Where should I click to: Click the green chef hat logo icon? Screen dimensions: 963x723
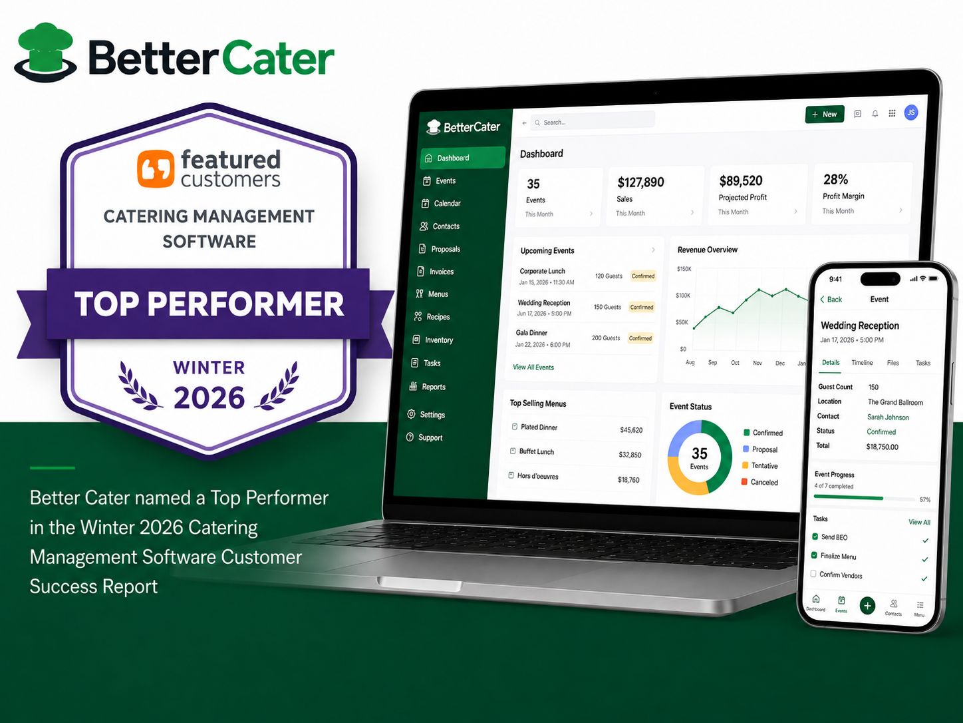tap(46, 53)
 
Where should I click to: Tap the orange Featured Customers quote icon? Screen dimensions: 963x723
tap(156, 168)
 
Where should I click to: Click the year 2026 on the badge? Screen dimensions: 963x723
tap(209, 397)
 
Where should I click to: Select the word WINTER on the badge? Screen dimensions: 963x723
tap(209, 367)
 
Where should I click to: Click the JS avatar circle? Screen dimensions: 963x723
tap(910, 113)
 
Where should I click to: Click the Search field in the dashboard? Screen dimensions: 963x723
tap(593, 121)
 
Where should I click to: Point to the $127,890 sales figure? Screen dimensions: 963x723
tap(640, 182)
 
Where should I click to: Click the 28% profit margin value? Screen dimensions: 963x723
tap(835, 179)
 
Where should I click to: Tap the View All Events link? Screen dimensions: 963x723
tap(533, 367)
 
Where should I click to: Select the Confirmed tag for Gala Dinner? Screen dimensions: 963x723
tap(640, 338)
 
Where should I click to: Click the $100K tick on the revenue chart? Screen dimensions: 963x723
tap(682, 296)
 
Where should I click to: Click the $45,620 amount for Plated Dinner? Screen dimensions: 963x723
tap(631, 430)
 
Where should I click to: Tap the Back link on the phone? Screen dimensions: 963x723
tap(831, 300)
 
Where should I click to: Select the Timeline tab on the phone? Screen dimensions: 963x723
tap(862, 363)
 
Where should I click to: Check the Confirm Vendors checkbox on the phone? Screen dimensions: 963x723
tap(813, 574)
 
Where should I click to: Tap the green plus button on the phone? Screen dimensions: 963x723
tap(867, 606)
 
